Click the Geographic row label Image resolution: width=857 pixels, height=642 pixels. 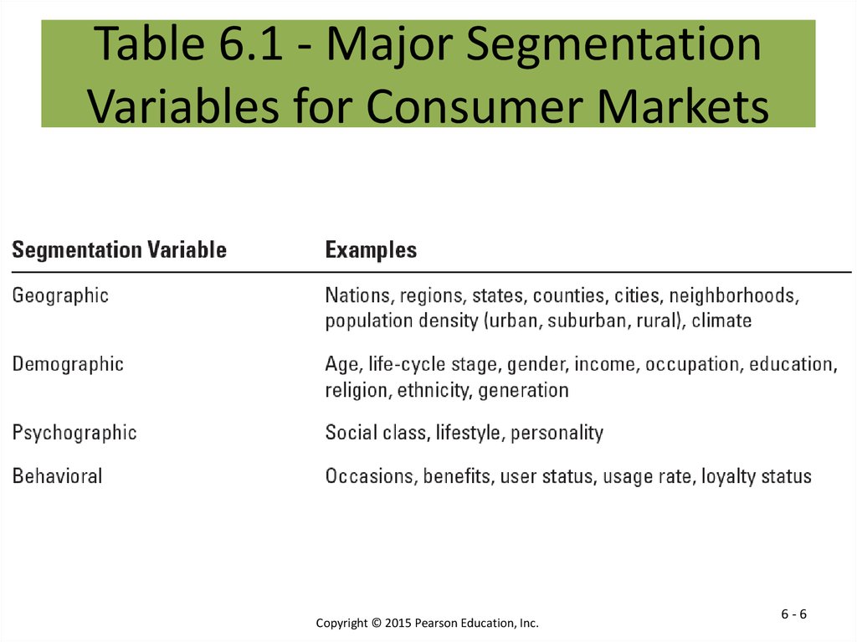(x=60, y=295)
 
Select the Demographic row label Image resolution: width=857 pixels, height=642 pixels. (x=68, y=364)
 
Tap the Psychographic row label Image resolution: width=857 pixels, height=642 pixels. (x=74, y=433)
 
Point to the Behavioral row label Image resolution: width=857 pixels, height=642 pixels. (x=58, y=475)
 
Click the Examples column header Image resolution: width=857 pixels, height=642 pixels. (x=371, y=250)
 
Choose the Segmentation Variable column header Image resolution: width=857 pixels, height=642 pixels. (x=119, y=250)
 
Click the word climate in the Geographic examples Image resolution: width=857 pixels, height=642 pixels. (x=721, y=321)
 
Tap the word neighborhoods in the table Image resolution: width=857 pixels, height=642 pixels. (x=733, y=295)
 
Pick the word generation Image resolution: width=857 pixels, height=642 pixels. (x=523, y=390)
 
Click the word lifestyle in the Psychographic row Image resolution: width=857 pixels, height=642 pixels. (x=467, y=433)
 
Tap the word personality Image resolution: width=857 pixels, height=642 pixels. (x=557, y=433)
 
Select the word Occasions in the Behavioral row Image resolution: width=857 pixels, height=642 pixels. (x=368, y=476)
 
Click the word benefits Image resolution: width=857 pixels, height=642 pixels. (x=456, y=476)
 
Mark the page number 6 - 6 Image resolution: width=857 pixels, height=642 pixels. (x=793, y=614)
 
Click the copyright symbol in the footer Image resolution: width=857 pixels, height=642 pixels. (x=376, y=623)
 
